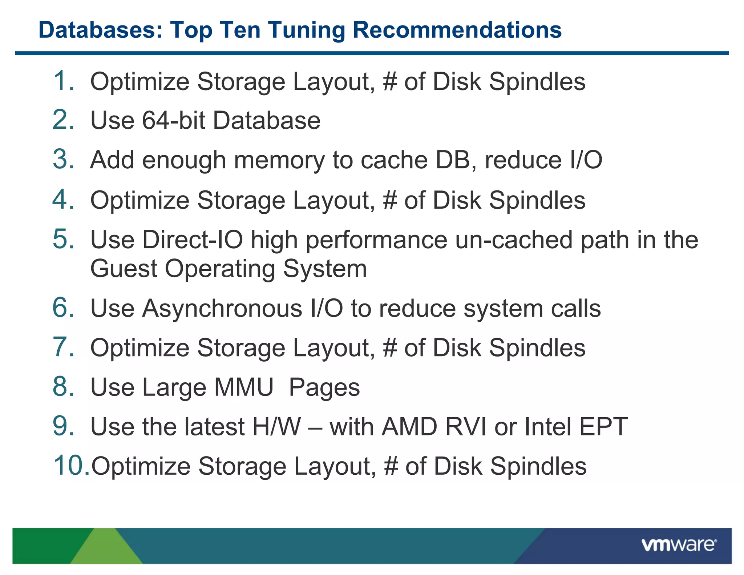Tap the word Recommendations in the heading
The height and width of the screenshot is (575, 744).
(457, 30)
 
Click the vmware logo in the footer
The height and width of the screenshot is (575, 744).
(679, 545)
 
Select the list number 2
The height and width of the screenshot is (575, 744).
(63, 120)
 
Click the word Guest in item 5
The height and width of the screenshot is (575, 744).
(124, 269)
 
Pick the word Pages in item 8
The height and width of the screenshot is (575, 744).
(324, 388)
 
